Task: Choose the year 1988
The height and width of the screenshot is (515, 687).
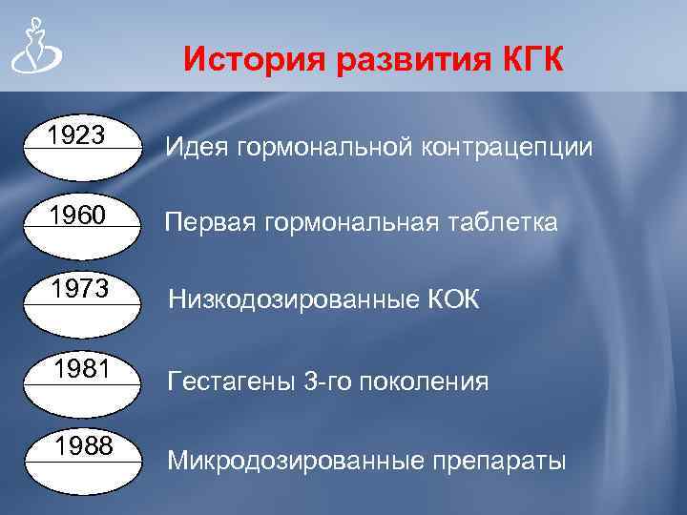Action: (x=84, y=446)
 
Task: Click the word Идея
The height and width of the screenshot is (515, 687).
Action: (x=196, y=148)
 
